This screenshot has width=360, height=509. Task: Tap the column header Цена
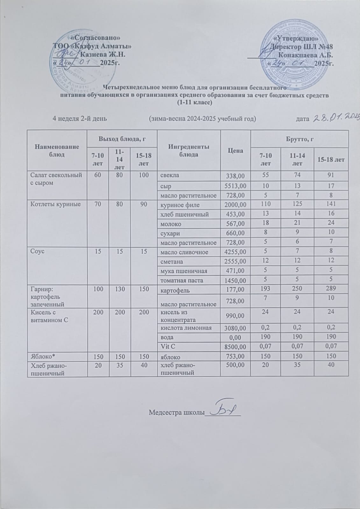tap(236, 150)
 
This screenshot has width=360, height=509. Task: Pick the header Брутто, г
tap(300, 139)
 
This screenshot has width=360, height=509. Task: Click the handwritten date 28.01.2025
tap(336, 118)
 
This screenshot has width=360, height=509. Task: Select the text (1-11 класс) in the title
tap(194, 102)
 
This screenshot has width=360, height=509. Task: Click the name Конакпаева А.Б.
tap(307, 55)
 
